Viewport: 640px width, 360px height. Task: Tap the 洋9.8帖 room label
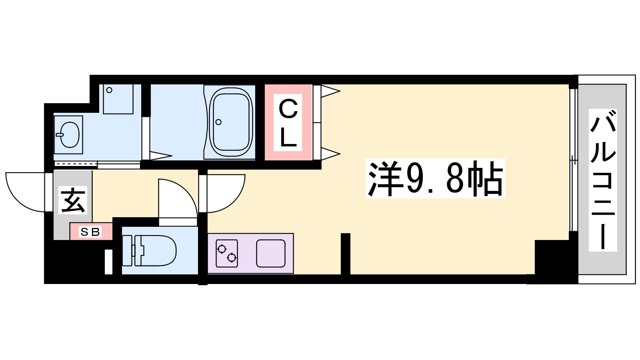pyautogui.click(x=435, y=178)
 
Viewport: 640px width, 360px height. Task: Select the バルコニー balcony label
pyautogui.click(x=602, y=180)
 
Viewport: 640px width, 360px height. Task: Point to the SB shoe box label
pyautogui.click(x=90, y=232)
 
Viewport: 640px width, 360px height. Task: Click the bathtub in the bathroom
pyautogui.click(x=231, y=122)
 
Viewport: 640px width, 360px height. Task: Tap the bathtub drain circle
pyautogui.click(x=218, y=122)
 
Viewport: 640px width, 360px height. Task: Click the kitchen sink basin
pyautogui.click(x=271, y=253)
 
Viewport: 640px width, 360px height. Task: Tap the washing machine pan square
pyautogui.click(x=118, y=99)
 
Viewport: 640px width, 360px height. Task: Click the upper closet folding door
pyautogui.click(x=329, y=91)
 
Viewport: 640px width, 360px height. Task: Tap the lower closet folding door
pyautogui.click(x=329, y=153)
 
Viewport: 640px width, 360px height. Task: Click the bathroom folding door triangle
pyautogui.click(x=160, y=155)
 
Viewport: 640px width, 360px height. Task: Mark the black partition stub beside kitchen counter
pyautogui.click(x=346, y=254)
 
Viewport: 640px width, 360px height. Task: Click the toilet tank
pyautogui.click(x=127, y=250)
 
